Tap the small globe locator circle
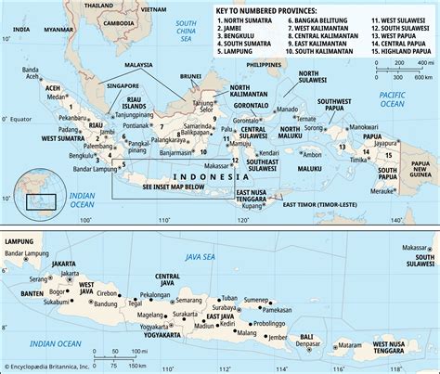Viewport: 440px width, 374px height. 41,188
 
